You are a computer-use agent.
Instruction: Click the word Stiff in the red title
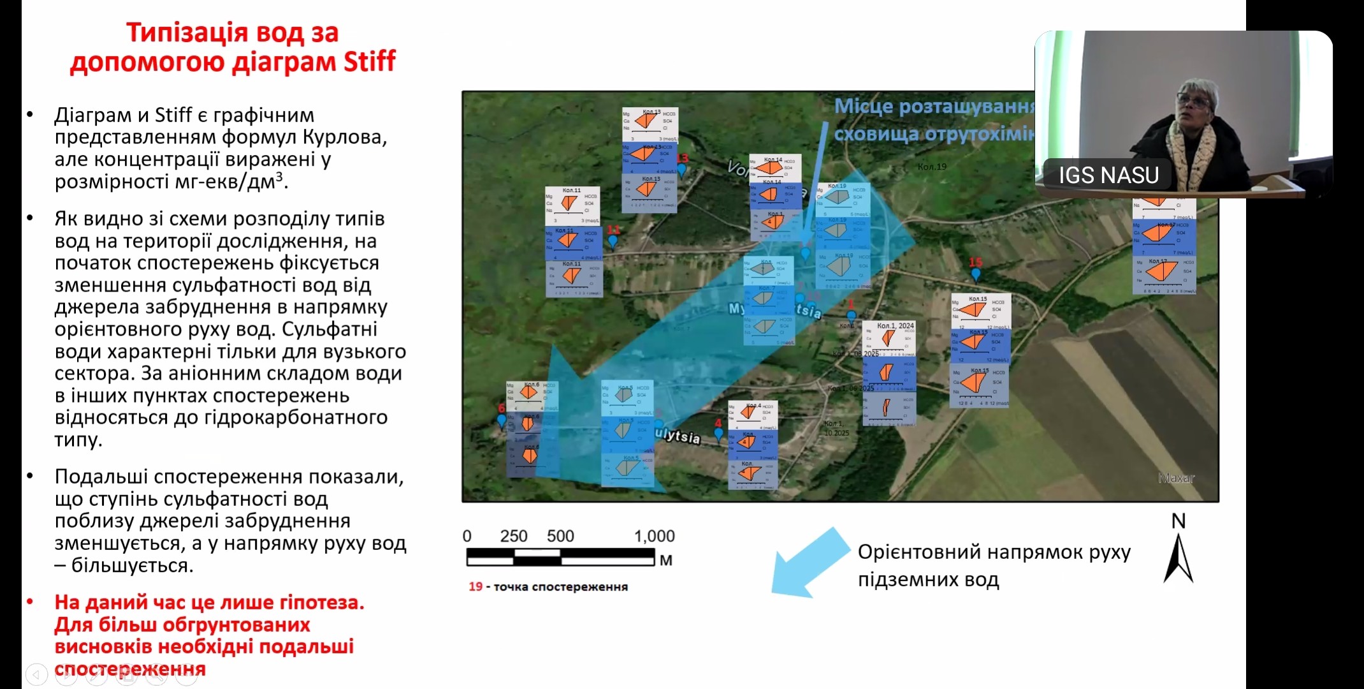[x=369, y=62]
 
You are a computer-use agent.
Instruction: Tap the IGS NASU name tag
[x=1108, y=175]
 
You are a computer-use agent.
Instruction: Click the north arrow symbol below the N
[x=1178, y=559]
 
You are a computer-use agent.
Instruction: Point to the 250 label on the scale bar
[x=513, y=536]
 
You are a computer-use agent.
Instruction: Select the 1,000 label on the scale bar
[x=654, y=536]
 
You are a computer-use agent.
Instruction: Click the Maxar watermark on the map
[x=1176, y=478]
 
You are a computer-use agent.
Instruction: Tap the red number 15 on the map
[x=975, y=262]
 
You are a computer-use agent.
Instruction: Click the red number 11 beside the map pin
[x=613, y=230]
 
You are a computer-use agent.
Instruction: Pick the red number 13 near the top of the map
[x=682, y=158]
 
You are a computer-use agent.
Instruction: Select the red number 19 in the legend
[x=475, y=586]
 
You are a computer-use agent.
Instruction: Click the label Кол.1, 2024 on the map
[x=895, y=325]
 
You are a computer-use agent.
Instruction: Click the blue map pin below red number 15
[x=975, y=275]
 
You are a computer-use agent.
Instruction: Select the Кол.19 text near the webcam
[x=932, y=167]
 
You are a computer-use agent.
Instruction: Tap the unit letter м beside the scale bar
[x=666, y=560]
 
